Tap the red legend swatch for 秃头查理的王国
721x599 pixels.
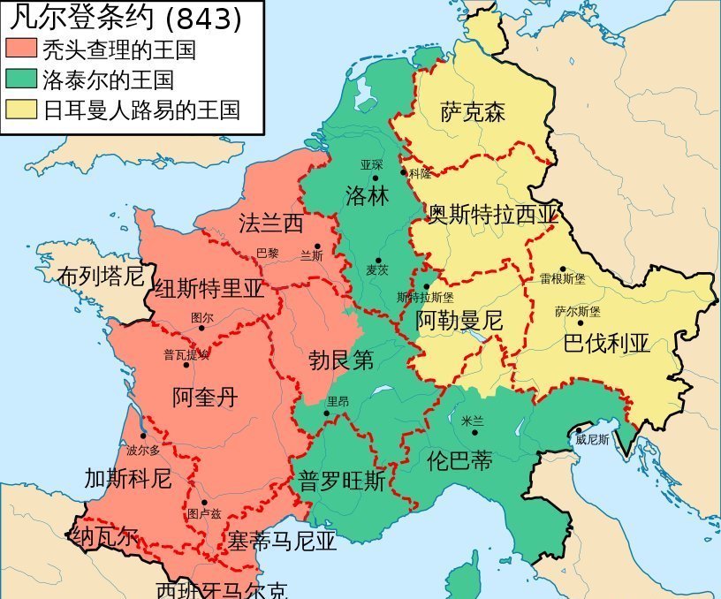[x=20, y=49]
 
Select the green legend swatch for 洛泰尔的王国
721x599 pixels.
[x=20, y=80]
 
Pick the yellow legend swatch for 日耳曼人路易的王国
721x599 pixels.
[x=20, y=110]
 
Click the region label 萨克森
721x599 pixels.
[x=474, y=112]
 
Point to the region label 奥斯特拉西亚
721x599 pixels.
[x=494, y=215]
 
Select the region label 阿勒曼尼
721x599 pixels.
[x=459, y=320]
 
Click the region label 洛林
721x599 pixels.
[x=367, y=196]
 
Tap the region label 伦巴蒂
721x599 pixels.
[x=459, y=460]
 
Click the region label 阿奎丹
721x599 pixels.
[x=205, y=397]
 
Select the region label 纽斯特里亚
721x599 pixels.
[x=209, y=290]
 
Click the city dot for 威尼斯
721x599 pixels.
[x=579, y=430]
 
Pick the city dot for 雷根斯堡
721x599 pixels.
[x=562, y=269]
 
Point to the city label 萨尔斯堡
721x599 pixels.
[x=577, y=311]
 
